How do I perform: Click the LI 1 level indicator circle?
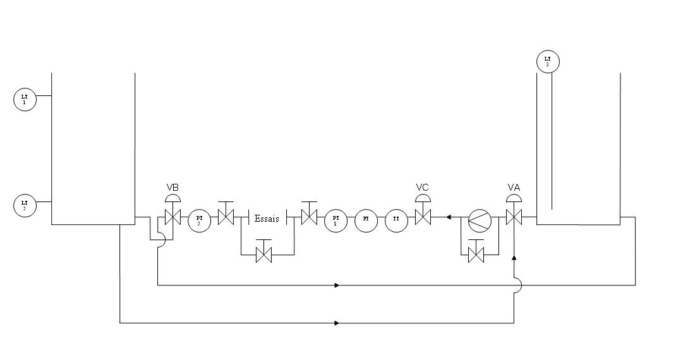coord(25,100)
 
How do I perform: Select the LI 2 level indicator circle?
coord(25,205)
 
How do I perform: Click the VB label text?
coord(172,188)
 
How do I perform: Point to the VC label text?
coord(423,188)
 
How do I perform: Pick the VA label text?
coord(514,188)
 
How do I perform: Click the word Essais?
coord(267,219)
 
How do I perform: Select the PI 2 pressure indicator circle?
coord(199,219)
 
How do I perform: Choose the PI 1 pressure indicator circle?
coord(335,219)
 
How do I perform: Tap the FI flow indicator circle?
coord(366,219)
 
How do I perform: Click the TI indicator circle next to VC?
coord(396,219)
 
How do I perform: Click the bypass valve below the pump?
coord(476,255)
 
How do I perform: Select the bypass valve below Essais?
coord(263,255)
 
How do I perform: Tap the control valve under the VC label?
coord(423,218)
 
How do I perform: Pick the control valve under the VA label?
coord(514,218)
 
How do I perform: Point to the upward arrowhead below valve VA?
coord(514,258)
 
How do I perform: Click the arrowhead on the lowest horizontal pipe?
coord(337,323)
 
